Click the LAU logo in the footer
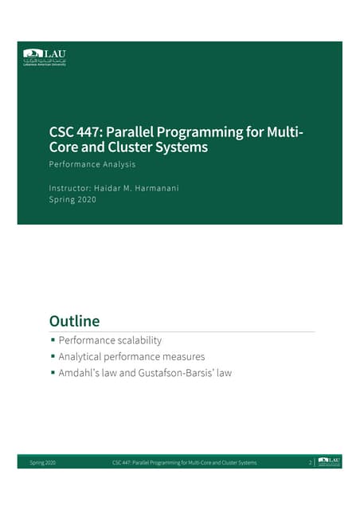[x=329, y=461]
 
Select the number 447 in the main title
[x=90, y=131]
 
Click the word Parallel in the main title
[x=132, y=131]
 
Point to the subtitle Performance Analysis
[x=92, y=164]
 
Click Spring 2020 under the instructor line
[x=72, y=199]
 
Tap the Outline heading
[x=74, y=322]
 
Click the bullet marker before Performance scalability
[x=53, y=341]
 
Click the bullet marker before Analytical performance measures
[x=53, y=357]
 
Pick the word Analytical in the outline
[x=85, y=357]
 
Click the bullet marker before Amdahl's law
[x=53, y=373]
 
